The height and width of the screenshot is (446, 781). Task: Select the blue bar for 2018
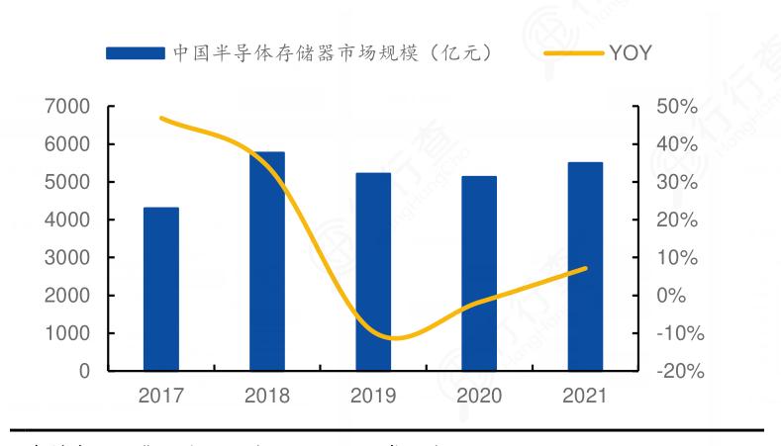(x=267, y=261)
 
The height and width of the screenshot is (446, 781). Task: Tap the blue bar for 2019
(x=373, y=272)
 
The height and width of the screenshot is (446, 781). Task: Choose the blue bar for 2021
(x=585, y=266)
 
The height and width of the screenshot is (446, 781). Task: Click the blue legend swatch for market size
(x=136, y=52)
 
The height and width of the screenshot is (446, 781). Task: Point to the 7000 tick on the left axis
(x=67, y=107)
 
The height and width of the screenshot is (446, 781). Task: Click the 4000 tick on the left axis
(x=67, y=220)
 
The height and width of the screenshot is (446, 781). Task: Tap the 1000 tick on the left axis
(x=67, y=333)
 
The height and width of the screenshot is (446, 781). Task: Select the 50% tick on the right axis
(x=678, y=107)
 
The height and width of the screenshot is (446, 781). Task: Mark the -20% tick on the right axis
(x=678, y=371)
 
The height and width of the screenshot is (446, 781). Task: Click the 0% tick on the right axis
(x=678, y=296)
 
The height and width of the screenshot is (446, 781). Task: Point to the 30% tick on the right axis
(x=678, y=182)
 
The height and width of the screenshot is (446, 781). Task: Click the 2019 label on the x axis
(x=373, y=397)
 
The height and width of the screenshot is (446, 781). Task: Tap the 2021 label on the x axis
(x=585, y=397)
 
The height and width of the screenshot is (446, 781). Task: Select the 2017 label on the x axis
(x=161, y=397)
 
